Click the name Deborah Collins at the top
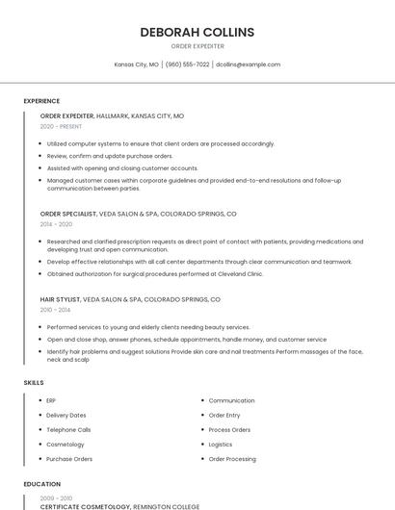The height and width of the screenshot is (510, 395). (197, 32)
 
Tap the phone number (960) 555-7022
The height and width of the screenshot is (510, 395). (187, 64)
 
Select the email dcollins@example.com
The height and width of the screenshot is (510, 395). (249, 64)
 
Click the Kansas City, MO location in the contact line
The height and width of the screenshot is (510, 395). (137, 64)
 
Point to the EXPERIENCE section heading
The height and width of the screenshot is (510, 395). (41, 101)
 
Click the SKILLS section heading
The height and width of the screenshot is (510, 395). (34, 383)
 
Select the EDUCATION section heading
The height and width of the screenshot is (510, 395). (41, 484)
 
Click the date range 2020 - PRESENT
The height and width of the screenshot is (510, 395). (61, 126)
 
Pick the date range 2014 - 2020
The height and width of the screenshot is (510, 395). (56, 223)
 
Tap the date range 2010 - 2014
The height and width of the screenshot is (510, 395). (56, 310)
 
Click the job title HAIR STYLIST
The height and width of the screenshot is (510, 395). (60, 299)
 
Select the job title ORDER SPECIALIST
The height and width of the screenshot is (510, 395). (67, 214)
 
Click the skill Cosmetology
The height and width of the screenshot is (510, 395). (65, 445)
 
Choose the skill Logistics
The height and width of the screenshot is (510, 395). (221, 445)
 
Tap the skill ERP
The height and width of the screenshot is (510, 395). (51, 400)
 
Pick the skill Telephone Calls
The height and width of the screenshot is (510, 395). (68, 430)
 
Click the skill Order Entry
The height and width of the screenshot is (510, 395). (225, 415)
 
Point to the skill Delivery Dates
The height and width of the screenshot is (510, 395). (66, 415)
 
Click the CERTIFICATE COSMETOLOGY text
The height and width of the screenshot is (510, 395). (85, 506)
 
